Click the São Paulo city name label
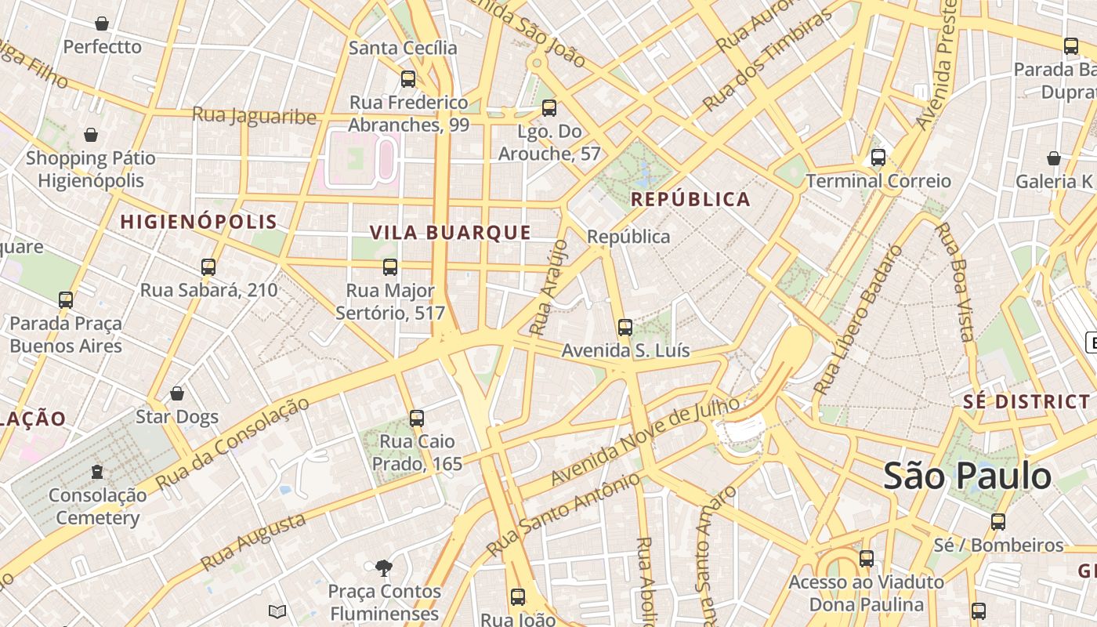(x=968, y=477)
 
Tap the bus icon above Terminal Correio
(x=878, y=158)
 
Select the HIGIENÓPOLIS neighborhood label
(x=199, y=222)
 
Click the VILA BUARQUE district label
(x=451, y=233)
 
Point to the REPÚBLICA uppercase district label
(x=690, y=199)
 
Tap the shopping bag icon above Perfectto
(x=102, y=24)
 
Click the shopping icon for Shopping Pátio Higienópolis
(x=91, y=135)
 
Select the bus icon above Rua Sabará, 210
(x=208, y=266)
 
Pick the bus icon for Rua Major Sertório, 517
(x=390, y=267)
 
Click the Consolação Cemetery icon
(x=97, y=472)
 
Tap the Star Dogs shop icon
(x=177, y=393)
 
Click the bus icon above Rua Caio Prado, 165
(x=417, y=419)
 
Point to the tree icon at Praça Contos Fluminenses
(x=384, y=567)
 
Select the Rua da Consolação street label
(x=233, y=444)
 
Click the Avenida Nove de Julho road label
(x=644, y=441)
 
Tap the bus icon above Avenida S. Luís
(x=625, y=327)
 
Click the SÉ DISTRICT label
(x=1026, y=402)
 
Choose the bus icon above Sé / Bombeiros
(x=998, y=521)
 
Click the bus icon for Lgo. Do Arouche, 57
(x=549, y=108)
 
